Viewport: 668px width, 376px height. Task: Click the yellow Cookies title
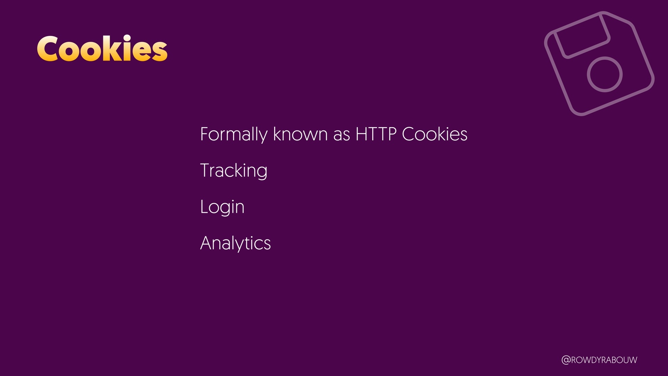(102, 48)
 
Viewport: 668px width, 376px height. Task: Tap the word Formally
(234, 135)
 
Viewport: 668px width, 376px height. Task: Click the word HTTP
(376, 134)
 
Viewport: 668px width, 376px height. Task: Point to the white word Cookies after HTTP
(435, 134)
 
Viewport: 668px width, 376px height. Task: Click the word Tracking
(234, 171)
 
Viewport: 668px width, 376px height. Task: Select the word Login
(222, 207)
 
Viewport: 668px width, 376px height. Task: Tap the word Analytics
(236, 243)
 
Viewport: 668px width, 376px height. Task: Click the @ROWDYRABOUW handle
(599, 360)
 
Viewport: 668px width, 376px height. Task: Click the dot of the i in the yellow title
(127, 38)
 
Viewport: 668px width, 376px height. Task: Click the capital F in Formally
(205, 134)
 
